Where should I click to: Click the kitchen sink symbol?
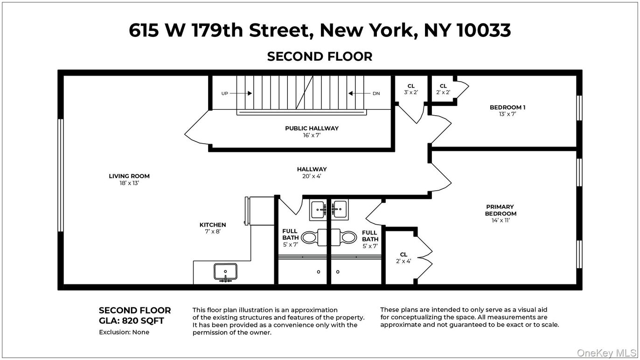coord(225,272)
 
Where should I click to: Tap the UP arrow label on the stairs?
coord(225,93)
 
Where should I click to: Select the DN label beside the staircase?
coord(376,93)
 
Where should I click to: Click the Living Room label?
coord(129,176)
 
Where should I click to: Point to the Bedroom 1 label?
coord(508,108)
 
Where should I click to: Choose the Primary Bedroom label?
coord(500,210)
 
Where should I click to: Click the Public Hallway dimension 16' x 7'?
coord(312,136)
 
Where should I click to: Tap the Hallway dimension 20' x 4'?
coord(312,176)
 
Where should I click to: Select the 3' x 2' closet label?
coord(411,92)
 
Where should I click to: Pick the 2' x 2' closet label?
coord(443,92)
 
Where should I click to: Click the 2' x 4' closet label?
coord(403,261)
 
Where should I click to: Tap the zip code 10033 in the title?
coord(484,30)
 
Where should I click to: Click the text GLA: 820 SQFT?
coord(131,321)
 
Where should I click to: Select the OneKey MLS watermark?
coord(606,353)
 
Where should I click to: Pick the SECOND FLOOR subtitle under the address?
coord(320,56)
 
